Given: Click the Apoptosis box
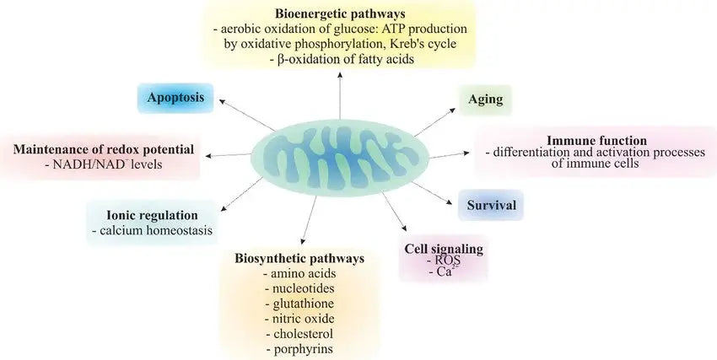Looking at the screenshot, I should [x=176, y=98].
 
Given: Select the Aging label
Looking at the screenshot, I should [x=486, y=99].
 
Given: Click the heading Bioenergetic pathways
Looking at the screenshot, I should [x=339, y=13].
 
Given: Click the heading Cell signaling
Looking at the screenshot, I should [x=445, y=249].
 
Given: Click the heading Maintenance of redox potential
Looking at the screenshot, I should [x=104, y=149].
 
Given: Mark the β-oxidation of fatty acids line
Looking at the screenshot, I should [x=339, y=61].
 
